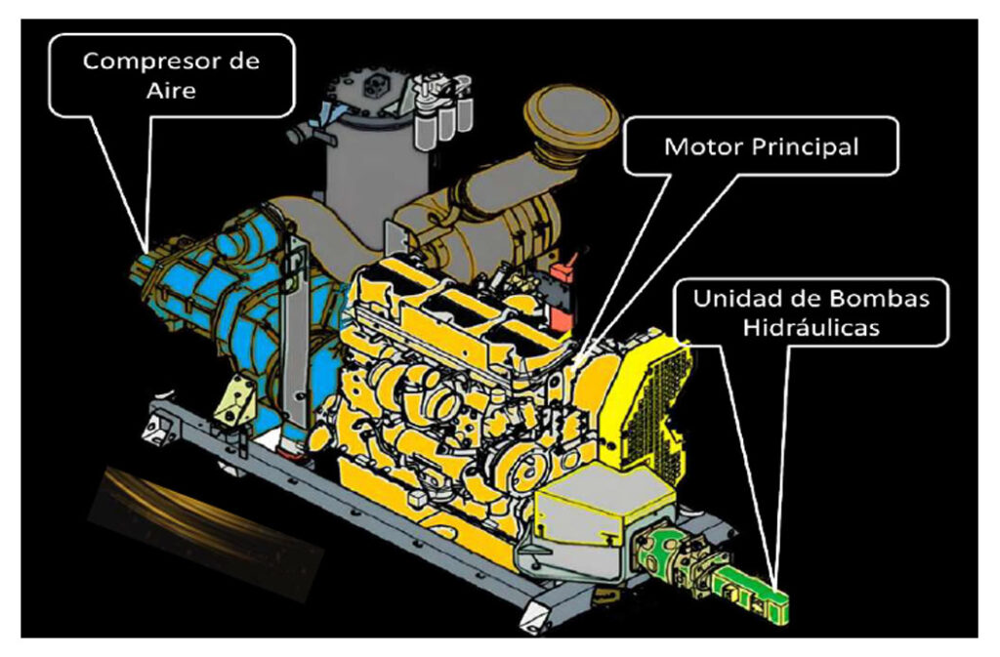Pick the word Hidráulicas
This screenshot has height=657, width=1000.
pos(811,327)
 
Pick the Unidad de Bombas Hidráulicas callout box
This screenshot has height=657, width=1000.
pos(811,312)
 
